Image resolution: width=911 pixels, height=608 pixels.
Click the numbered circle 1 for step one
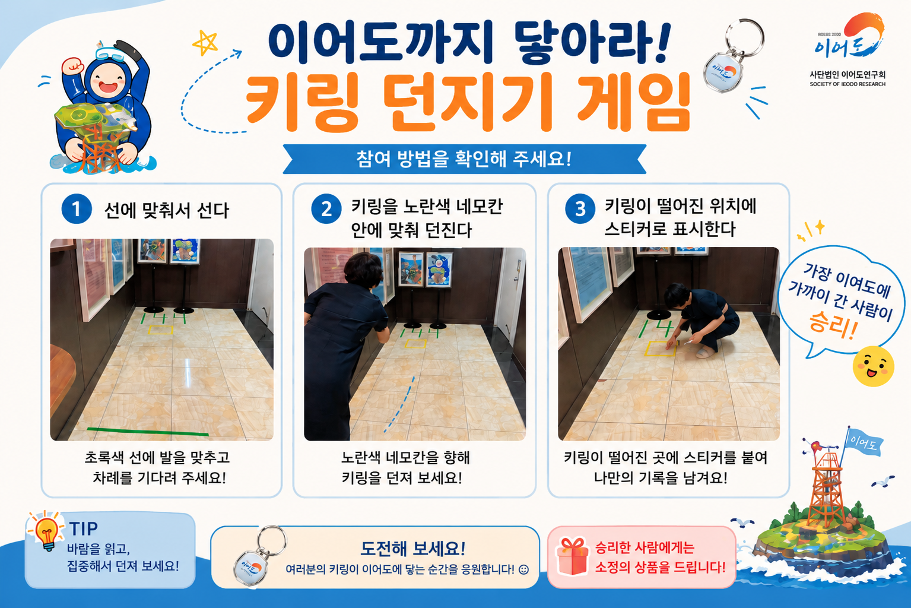(77, 209)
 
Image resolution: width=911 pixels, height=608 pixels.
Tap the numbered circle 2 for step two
(326, 209)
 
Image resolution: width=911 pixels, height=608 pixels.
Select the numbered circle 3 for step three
(580, 209)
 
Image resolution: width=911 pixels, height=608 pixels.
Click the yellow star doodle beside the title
(205, 42)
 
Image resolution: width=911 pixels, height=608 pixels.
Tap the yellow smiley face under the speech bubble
(873, 366)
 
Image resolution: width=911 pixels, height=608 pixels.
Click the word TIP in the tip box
(83, 528)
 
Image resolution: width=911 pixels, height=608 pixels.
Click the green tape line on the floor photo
(148, 432)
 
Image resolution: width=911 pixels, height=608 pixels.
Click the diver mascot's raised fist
(73, 66)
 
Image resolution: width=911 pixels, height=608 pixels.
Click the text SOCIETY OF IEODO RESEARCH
(847, 84)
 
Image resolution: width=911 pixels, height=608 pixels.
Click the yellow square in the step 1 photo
(161, 330)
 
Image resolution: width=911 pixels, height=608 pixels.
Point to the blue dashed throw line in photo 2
(401, 404)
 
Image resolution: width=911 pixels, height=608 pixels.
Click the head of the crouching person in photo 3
(676, 294)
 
